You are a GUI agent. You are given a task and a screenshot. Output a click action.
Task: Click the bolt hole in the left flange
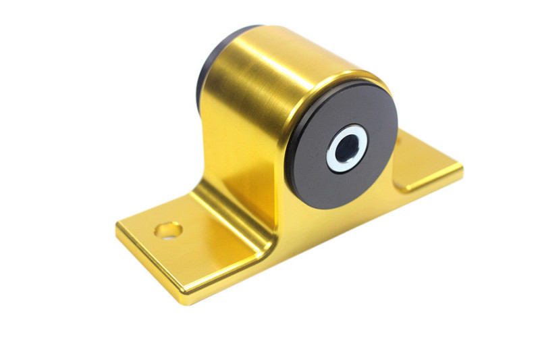coord(168,230)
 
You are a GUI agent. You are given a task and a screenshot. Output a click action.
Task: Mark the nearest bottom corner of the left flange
coord(182,297)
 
